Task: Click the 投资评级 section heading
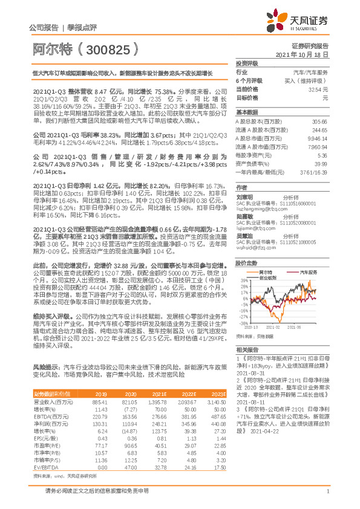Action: click(x=247, y=63)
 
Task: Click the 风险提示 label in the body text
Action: click(x=46, y=366)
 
